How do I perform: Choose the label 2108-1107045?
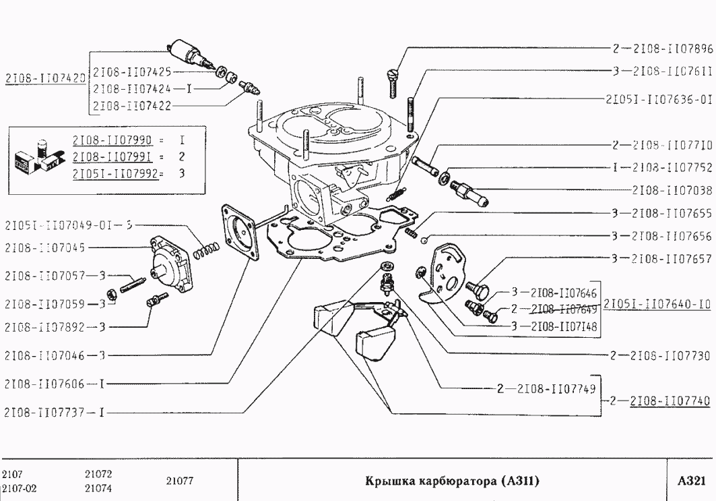pos(44,247)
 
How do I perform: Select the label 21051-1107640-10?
pos(657,303)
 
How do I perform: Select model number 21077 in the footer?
pos(180,481)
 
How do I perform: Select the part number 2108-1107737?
pos(44,411)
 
